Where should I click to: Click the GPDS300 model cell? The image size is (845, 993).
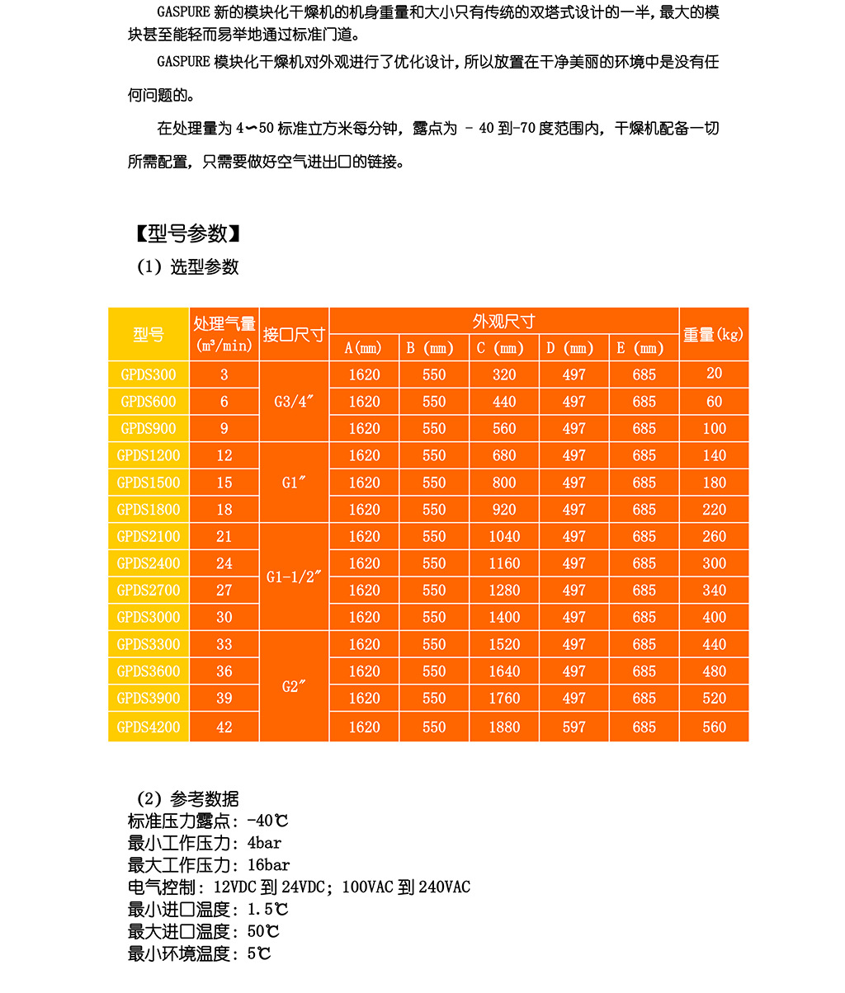[x=149, y=374]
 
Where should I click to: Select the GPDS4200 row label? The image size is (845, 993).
[x=149, y=727]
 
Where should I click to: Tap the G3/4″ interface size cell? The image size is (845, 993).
[x=294, y=402]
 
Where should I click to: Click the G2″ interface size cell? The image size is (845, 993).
[x=294, y=686]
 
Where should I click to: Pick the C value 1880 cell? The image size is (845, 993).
[x=503, y=727]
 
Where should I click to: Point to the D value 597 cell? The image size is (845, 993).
[x=574, y=727]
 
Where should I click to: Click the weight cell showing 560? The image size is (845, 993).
[x=714, y=727]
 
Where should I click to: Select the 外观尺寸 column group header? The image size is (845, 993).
[x=503, y=321]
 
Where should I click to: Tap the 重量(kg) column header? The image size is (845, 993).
[x=714, y=334]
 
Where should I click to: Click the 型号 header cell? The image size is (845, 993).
[x=149, y=334]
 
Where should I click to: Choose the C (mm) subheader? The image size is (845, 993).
[x=503, y=348]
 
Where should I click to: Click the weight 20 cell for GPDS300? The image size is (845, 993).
[x=714, y=374]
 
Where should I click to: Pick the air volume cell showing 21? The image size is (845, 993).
[x=224, y=536]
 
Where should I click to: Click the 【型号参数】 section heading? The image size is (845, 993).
[x=188, y=234]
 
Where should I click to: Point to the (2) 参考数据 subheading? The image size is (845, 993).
[x=188, y=798]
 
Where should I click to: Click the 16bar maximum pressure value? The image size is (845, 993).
[x=268, y=865]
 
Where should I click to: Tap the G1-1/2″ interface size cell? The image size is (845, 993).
[x=294, y=577]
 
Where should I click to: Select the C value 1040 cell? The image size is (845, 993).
[x=503, y=536]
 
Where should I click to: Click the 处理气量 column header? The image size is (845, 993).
[x=224, y=334]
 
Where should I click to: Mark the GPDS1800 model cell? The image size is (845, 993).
[x=149, y=510]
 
